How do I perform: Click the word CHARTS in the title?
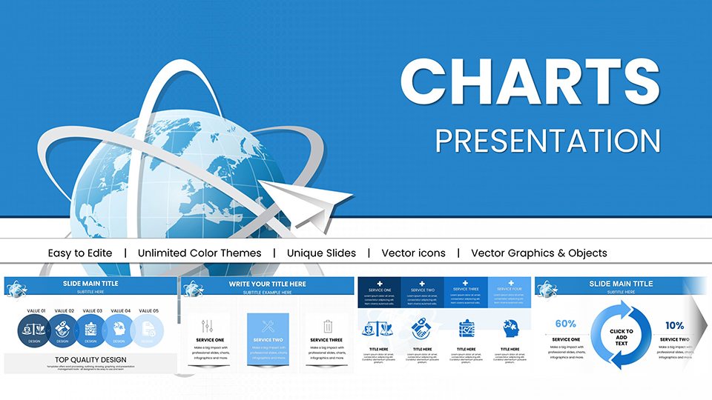click(530, 81)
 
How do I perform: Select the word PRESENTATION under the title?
click(547, 141)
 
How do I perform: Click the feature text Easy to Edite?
click(80, 253)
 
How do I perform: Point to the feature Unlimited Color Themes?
click(200, 253)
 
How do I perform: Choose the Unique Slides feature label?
click(321, 253)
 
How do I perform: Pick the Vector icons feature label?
click(413, 253)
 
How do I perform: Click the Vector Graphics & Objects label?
click(538, 253)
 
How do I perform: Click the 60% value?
click(565, 324)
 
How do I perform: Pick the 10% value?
click(674, 325)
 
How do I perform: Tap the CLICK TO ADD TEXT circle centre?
click(621, 337)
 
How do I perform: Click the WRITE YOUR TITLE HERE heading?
click(267, 284)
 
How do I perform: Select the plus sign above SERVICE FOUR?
click(510, 283)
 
